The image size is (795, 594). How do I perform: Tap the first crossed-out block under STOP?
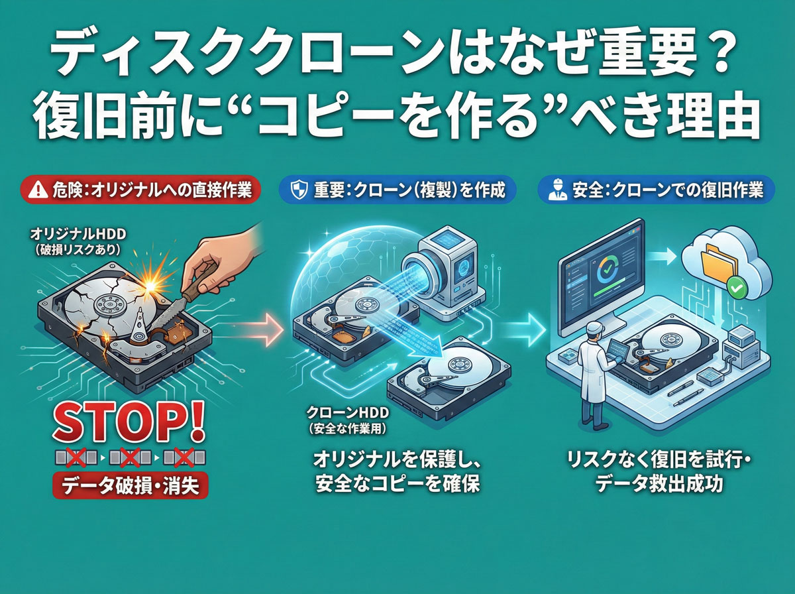[x=77, y=457]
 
